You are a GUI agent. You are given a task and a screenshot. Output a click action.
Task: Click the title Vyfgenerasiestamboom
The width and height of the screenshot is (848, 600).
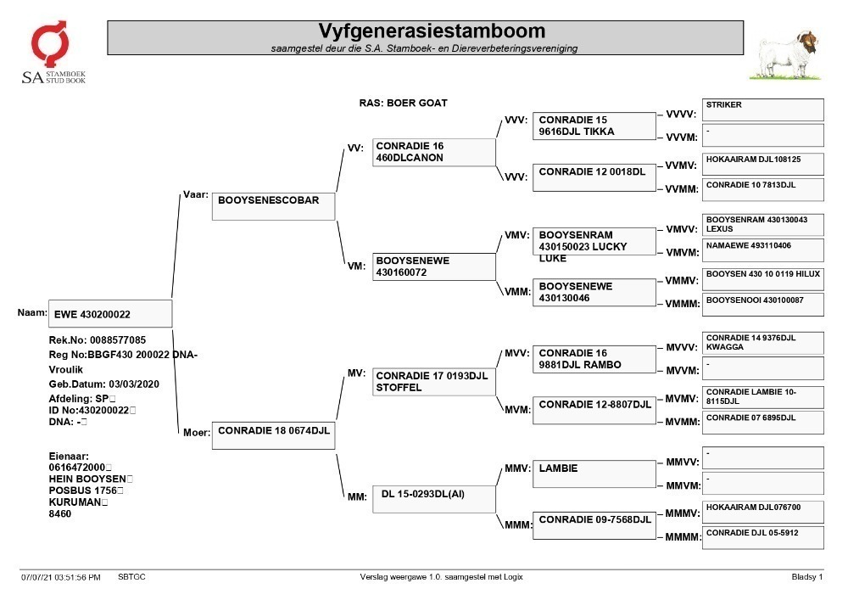click(432, 31)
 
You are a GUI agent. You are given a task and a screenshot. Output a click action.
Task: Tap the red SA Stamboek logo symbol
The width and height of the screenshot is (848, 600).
click(50, 43)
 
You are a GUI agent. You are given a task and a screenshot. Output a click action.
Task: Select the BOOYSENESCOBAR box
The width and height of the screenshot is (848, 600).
click(273, 206)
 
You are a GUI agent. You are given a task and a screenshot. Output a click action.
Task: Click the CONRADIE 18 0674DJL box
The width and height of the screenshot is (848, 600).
click(273, 435)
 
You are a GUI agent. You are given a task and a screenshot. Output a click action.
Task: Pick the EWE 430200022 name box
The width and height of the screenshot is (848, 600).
click(110, 313)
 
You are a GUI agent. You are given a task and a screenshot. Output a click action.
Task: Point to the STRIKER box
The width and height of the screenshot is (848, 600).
click(762, 109)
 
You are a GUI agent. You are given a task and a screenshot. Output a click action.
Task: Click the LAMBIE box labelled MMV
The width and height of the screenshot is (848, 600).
click(594, 474)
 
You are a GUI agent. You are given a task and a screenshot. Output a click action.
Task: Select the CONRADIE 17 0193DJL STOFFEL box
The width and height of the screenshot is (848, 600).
click(433, 382)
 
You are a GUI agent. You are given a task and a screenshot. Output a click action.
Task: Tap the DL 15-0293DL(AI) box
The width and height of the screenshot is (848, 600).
click(433, 499)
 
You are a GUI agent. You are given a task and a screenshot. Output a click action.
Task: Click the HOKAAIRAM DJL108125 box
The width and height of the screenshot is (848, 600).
click(762, 164)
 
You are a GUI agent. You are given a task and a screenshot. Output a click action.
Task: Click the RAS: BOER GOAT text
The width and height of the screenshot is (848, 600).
click(403, 103)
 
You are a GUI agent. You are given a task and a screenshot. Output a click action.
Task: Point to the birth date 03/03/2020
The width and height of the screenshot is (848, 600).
click(134, 384)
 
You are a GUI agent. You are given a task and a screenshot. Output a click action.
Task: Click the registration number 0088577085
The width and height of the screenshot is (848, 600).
click(118, 339)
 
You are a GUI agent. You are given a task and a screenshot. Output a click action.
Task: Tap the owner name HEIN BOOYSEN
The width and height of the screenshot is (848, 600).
click(87, 479)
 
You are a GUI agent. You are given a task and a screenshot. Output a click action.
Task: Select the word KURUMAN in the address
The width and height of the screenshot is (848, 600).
click(75, 502)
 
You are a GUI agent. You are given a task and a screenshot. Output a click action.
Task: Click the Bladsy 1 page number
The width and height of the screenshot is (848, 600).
click(807, 577)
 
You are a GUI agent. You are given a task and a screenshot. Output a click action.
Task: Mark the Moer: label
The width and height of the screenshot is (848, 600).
click(197, 432)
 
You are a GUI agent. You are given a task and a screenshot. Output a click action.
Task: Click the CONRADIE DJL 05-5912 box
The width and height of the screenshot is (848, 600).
click(762, 537)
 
